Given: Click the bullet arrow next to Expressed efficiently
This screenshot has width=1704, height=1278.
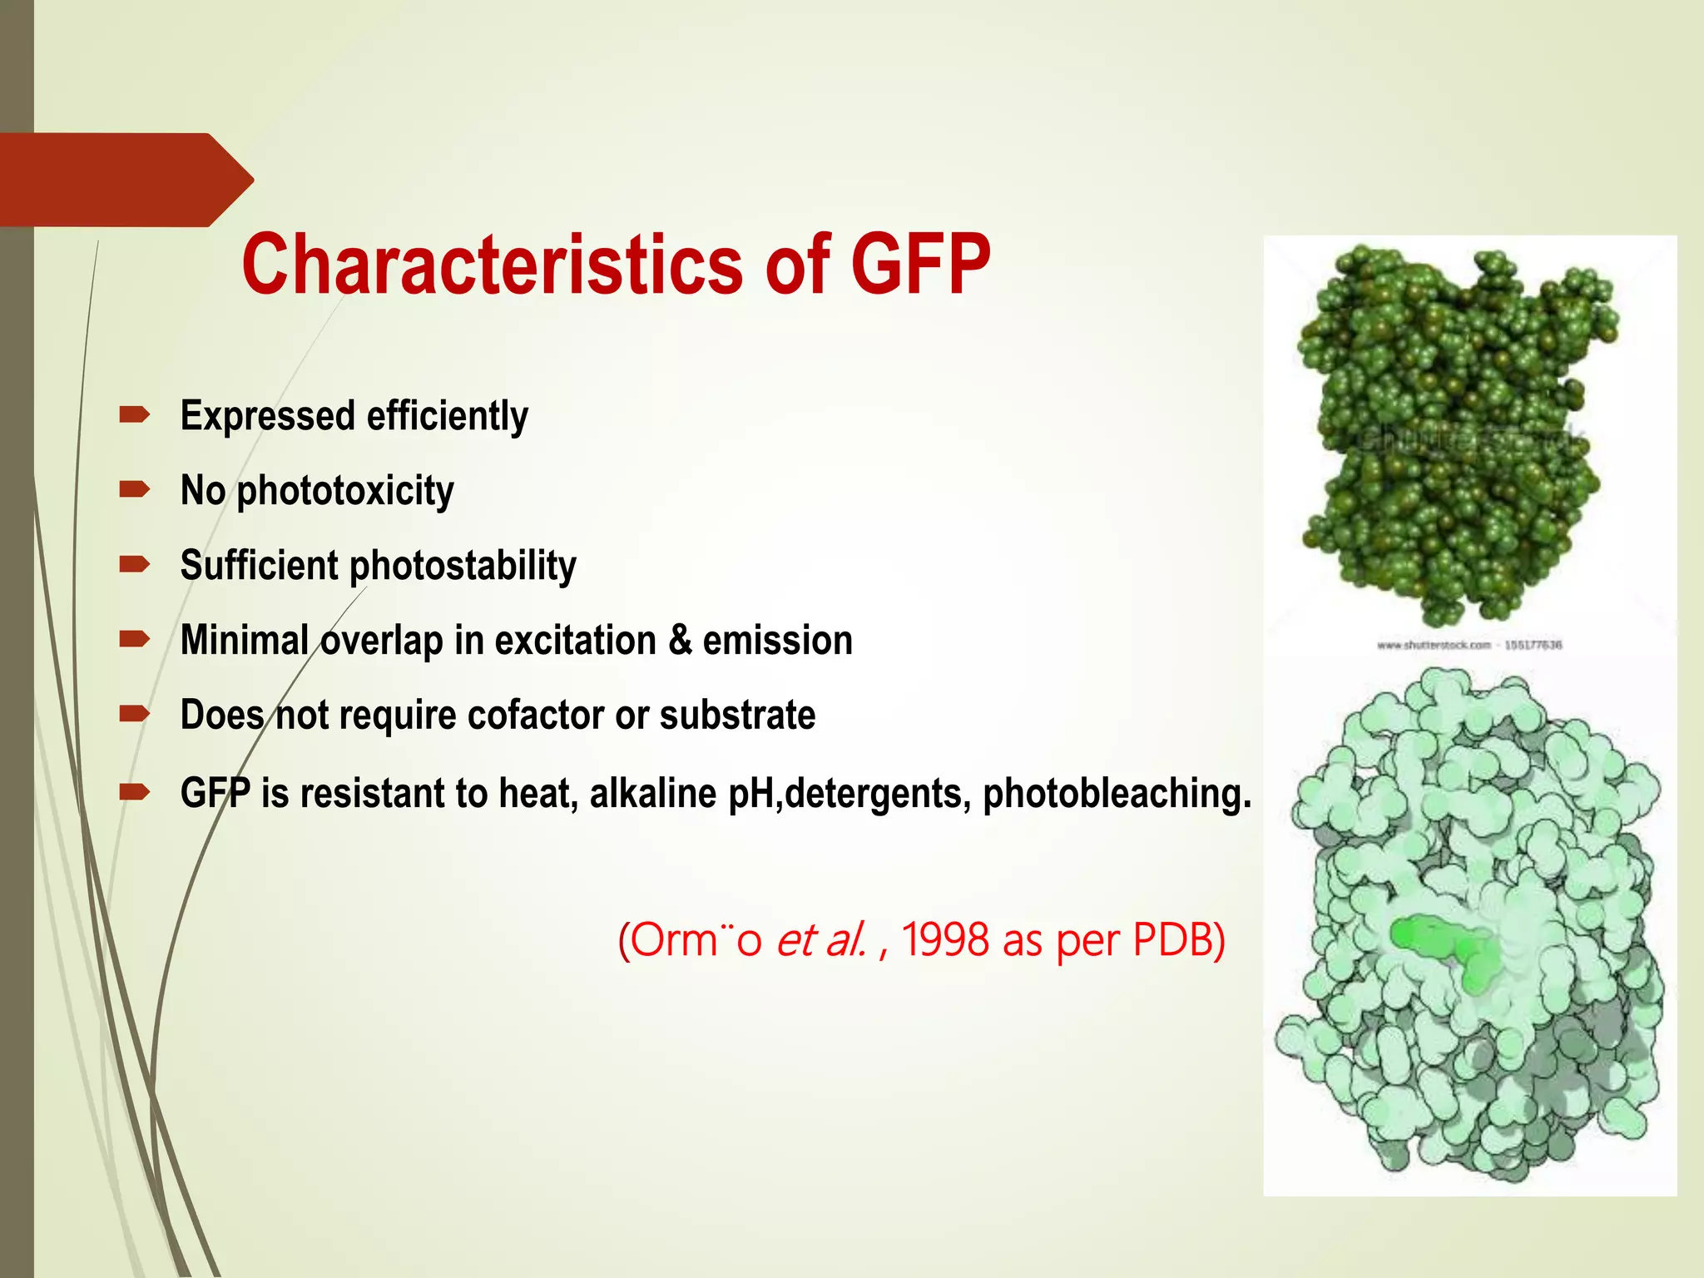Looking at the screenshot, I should point(134,414).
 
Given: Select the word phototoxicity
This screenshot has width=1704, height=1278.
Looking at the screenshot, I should point(345,491).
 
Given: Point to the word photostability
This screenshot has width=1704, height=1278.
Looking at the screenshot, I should point(463,567).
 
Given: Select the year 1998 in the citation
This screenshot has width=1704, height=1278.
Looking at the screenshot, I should point(945,940).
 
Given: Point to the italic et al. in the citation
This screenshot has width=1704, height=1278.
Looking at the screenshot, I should point(822,940).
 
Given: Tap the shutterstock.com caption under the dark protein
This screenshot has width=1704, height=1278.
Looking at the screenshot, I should point(1469,645).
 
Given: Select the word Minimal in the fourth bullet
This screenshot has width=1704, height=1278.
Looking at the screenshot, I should point(245,640).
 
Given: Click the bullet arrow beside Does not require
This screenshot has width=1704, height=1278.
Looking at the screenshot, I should point(134,714).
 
